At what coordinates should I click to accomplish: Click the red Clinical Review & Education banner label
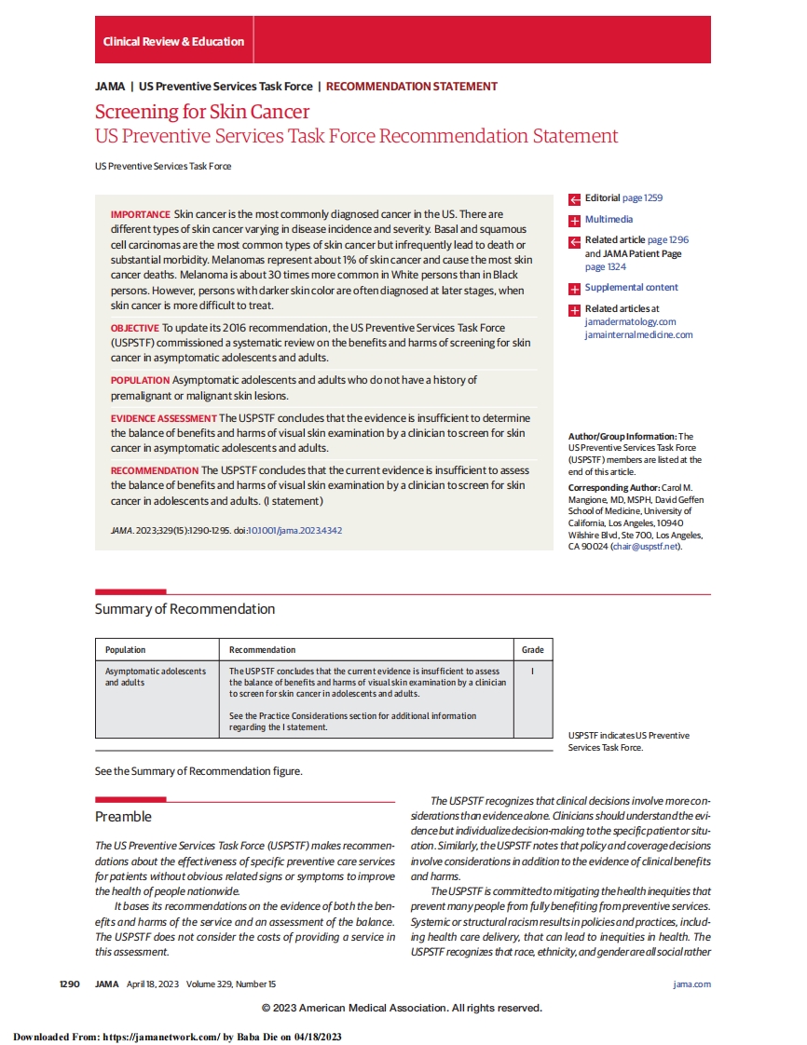click(x=173, y=41)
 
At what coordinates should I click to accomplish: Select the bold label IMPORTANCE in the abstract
click(x=140, y=214)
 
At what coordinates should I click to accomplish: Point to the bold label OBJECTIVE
click(x=135, y=328)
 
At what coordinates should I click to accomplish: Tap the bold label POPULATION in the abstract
click(x=140, y=380)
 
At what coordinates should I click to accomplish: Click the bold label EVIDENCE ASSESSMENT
click(x=163, y=418)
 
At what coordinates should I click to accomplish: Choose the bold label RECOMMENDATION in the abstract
click(x=154, y=470)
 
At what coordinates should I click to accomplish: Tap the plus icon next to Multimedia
click(x=574, y=220)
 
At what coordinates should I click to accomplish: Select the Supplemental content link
click(x=631, y=288)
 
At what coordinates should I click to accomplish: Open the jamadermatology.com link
click(x=630, y=322)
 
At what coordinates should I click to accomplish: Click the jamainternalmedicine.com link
click(x=638, y=335)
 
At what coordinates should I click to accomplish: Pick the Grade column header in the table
click(x=532, y=650)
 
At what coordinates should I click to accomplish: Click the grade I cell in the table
click(x=532, y=671)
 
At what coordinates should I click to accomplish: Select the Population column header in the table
click(x=125, y=650)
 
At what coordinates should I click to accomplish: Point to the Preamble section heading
click(x=123, y=817)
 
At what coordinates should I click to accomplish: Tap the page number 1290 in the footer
click(x=71, y=984)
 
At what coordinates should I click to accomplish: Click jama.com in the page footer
click(x=691, y=984)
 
